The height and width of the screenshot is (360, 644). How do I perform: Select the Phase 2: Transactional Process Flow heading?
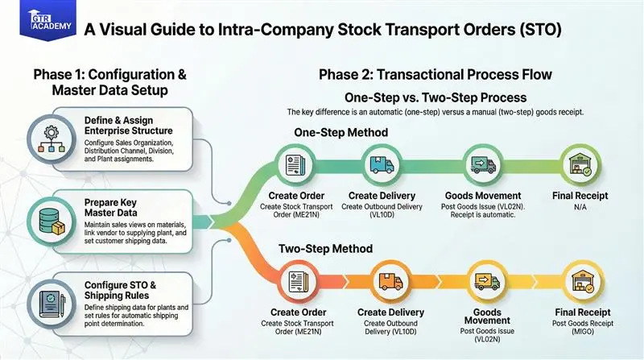(435, 75)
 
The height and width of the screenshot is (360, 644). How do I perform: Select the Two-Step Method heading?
(324, 250)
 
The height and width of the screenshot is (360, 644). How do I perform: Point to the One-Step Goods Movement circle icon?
(481, 165)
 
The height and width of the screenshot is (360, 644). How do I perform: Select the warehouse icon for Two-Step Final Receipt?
(582, 282)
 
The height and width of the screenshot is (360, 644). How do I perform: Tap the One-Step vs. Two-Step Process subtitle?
(435, 97)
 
